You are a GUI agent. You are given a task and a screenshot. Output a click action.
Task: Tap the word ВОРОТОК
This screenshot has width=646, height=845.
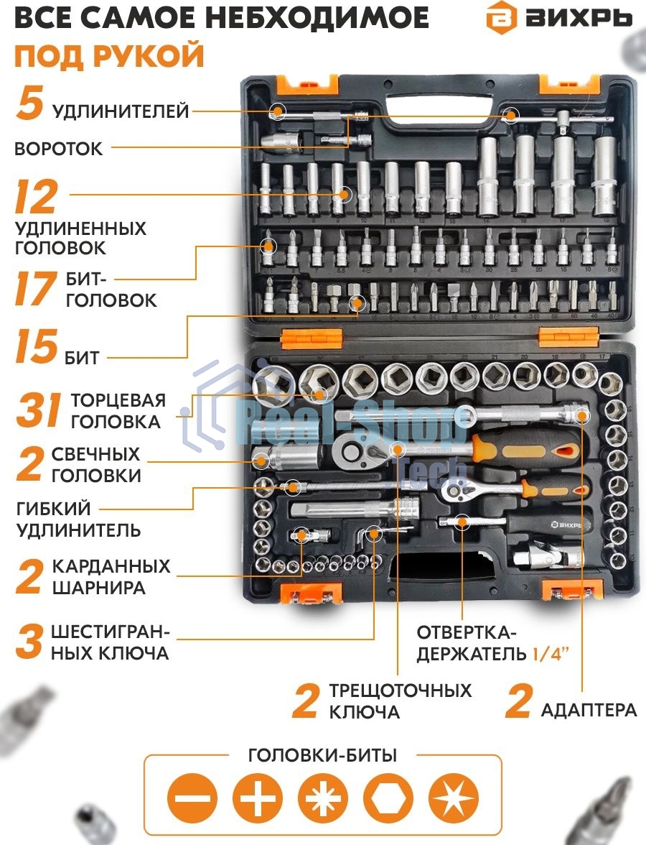coord(58,149)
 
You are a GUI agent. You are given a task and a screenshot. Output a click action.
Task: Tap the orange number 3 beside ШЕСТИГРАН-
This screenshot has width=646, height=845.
coord(29,642)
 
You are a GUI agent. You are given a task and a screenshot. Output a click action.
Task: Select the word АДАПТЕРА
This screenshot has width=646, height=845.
coord(589,710)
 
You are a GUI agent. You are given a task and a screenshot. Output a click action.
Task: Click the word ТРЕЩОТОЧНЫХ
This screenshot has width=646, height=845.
coord(401,691)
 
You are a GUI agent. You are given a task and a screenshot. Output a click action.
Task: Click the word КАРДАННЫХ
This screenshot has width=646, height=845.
coord(111,566)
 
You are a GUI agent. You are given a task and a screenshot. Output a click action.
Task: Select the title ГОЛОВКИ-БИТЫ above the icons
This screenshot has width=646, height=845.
coord(322,755)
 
